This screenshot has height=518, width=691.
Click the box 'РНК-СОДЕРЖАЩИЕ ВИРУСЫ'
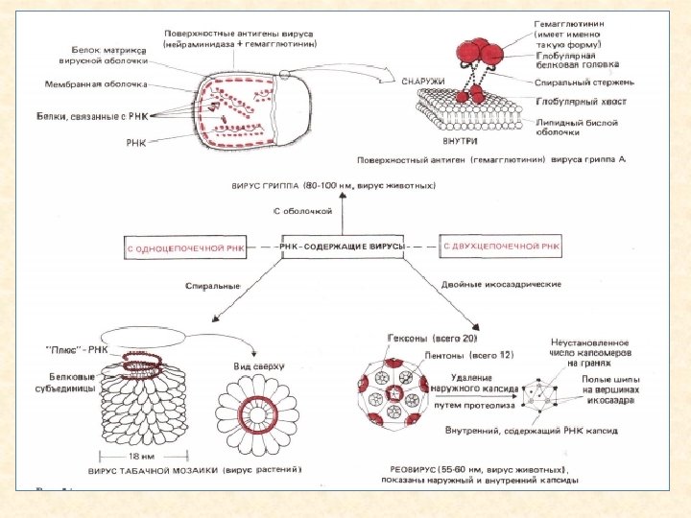point(343,247)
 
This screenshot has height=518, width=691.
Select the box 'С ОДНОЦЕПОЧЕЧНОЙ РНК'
point(185,248)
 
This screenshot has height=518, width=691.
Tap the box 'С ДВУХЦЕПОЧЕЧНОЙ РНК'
point(501,247)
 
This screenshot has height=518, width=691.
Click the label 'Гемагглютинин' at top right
point(568,21)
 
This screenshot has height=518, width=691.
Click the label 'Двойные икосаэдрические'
point(501,286)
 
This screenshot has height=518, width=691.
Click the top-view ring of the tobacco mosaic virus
point(256,412)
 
